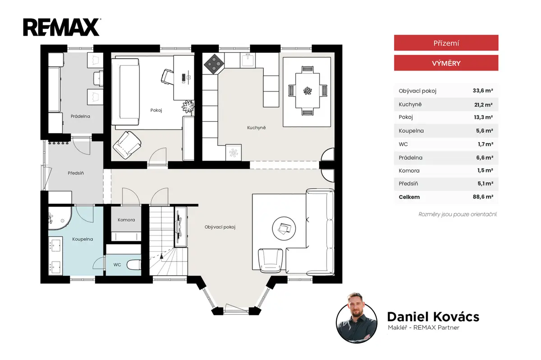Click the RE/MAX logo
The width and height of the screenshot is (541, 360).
pyautogui.click(x=62, y=28)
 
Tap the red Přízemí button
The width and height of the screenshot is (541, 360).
pyautogui.click(x=446, y=43)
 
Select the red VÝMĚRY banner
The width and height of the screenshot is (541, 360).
pyautogui.click(x=446, y=63)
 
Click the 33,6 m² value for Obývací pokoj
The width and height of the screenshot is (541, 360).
pyautogui.click(x=483, y=91)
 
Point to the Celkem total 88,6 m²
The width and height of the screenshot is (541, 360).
pyautogui.click(x=483, y=197)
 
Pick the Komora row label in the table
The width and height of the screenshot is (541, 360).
pyautogui.click(x=409, y=171)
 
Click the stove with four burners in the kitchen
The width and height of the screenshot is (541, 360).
pyautogui.click(x=214, y=64)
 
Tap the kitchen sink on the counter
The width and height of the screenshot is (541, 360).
pyautogui.click(x=248, y=60)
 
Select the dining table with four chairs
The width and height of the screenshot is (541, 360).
pyautogui.click(x=307, y=91)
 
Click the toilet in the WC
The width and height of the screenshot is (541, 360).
pyautogui.click(x=134, y=265)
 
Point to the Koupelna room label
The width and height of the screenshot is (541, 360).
pyautogui.click(x=83, y=239)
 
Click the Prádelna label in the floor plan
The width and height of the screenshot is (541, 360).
pyautogui.click(x=80, y=116)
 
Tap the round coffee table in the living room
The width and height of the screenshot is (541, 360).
pyautogui.click(x=284, y=228)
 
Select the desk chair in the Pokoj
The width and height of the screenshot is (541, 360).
pyautogui.click(x=167, y=77)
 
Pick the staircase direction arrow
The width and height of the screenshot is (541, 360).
pyautogui.click(x=161, y=256)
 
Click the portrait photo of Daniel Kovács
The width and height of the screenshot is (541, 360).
pyautogui.click(x=357, y=318)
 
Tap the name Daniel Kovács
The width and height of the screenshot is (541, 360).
pyautogui.click(x=433, y=317)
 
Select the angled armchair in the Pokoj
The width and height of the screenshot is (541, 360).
pyautogui.click(x=127, y=145)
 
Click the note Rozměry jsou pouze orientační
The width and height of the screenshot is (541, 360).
pyautogui.click(x=458, y=214)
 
